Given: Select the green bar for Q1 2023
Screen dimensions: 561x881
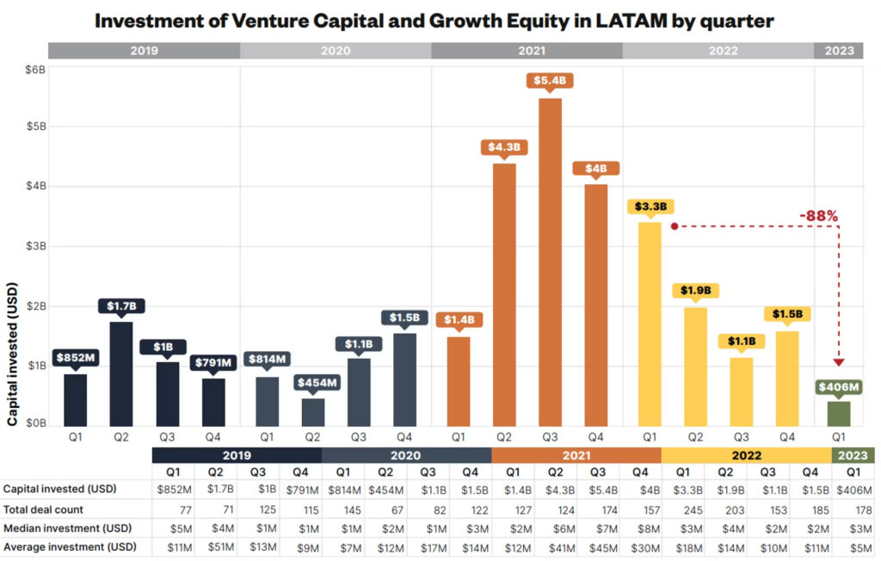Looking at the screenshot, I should click(838, 413).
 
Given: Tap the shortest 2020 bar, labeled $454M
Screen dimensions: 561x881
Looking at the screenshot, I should click(313, 411).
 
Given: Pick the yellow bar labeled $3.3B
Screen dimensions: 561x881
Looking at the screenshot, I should click(651, 324).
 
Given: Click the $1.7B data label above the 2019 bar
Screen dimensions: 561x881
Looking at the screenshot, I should click(121, 305).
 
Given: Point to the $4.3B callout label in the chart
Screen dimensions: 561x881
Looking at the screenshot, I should click(503, 147).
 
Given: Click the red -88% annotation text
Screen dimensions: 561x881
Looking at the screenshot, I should click(817, 215).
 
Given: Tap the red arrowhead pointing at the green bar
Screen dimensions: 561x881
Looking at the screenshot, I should click(839, 362).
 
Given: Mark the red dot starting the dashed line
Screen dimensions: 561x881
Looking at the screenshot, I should click(675, 227).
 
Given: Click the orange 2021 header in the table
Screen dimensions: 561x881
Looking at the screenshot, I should click(576, 455).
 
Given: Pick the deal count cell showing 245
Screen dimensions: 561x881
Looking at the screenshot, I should click(682, 509).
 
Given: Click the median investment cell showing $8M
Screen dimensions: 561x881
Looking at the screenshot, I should click(639, 527).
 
